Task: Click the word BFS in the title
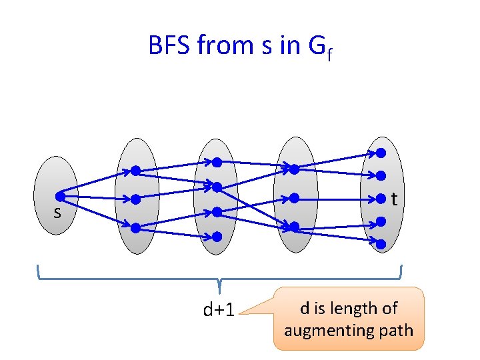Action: pyautogui.click(x=170, y=46)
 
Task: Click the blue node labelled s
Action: pyautogui.click(x=60, y=197)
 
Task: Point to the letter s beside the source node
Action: pyautogui.click(x=57, y=213)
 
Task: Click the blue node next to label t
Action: pyautogui.click(x=381, y=198)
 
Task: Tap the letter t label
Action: pyautogui.click(x=395, y=199)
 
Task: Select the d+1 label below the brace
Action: pyautogui.click(x=218, y=310)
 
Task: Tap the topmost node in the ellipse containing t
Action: pyautogui.click(x=381, y=153)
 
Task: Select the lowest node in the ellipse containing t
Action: pyautogui.click(x=381, y=244)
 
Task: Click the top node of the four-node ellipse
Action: pyautogui.click(x=217, y=162)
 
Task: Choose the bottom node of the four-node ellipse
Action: pyautogui.click(x=217, y=236)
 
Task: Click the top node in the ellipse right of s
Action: pyautogui.click(x=135, y=171)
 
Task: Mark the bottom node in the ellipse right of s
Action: pyautogui.click(x=135, y=227)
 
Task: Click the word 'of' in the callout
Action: pyautogui.click(x=390, y=309)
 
